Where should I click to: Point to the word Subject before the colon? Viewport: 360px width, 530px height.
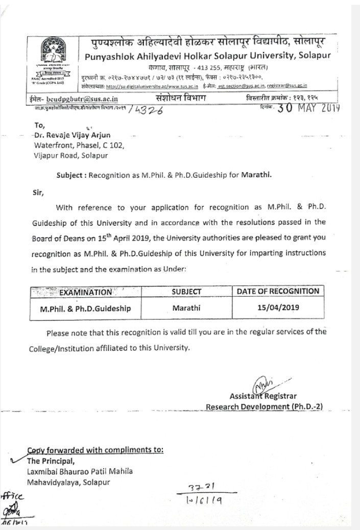71,174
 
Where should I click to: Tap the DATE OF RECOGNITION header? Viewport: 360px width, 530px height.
278,291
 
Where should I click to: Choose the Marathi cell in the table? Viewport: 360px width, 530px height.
186,308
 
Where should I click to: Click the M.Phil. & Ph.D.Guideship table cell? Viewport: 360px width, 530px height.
86,309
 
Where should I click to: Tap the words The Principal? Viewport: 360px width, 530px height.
47,460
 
